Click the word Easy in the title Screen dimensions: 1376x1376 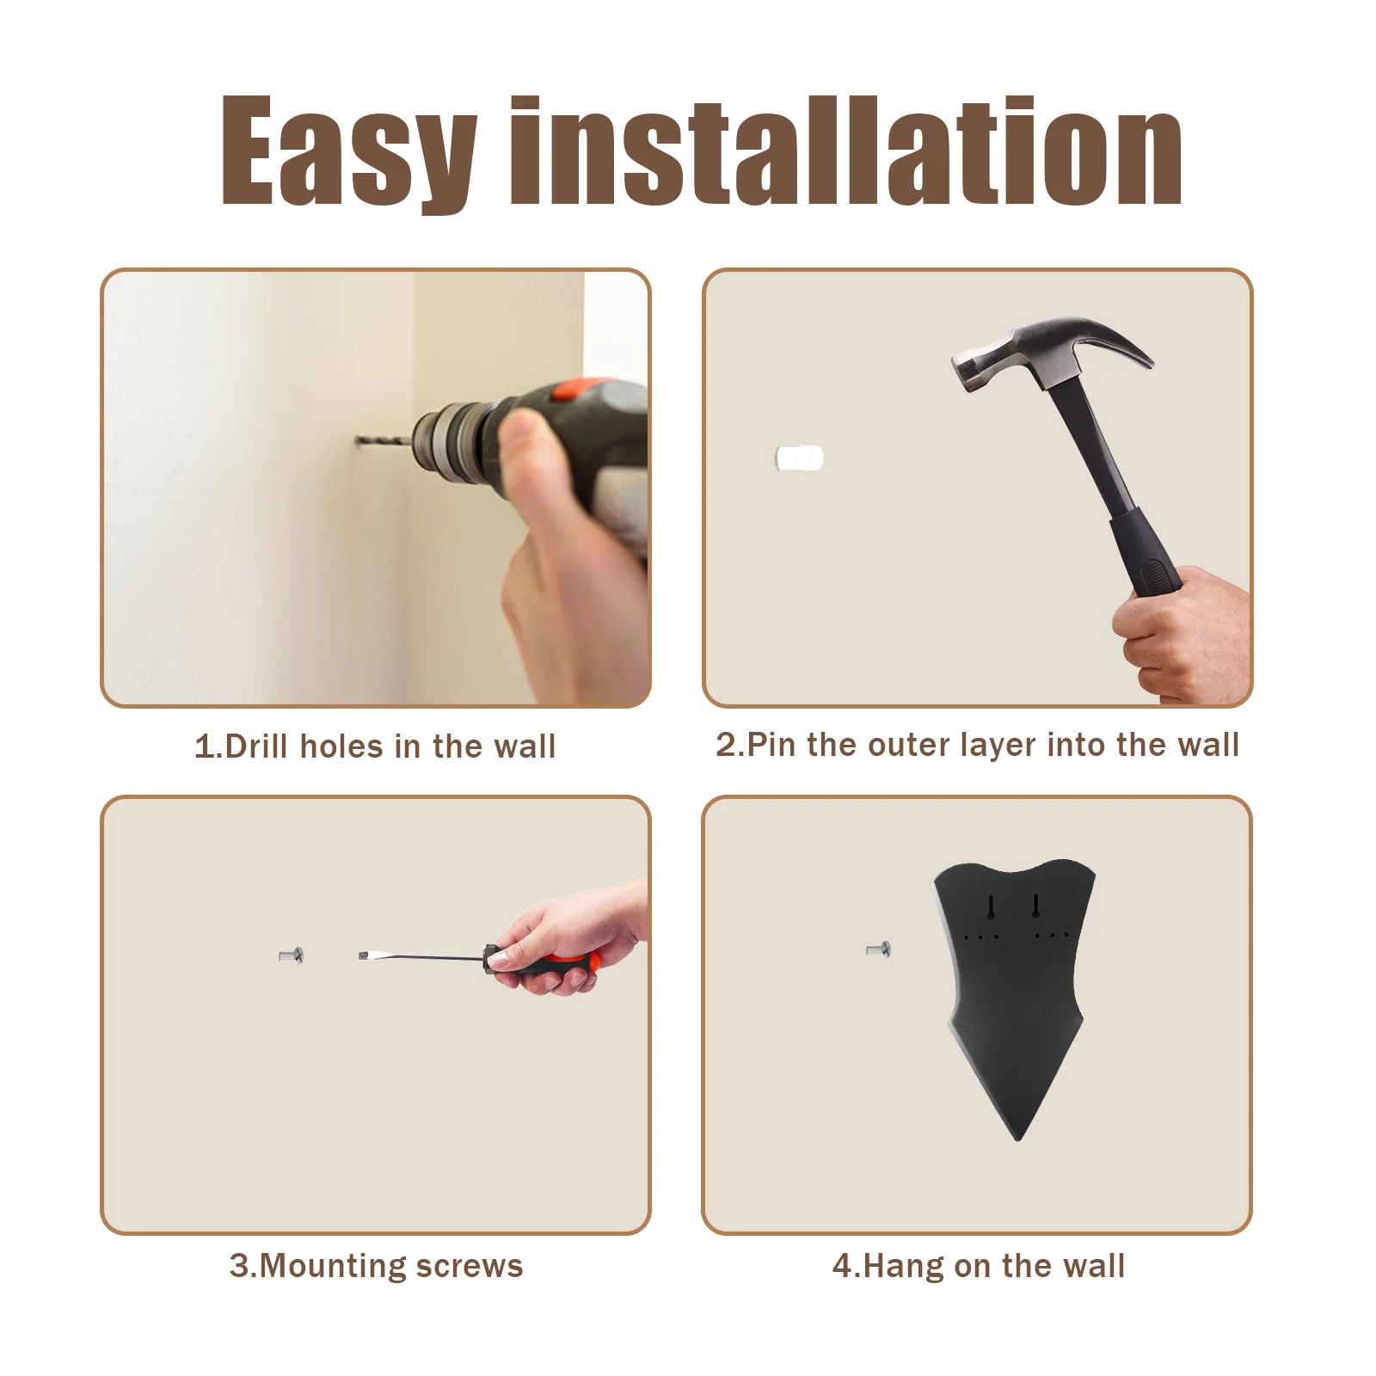(x=349, y=151)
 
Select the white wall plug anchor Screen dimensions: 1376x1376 (x=799, y=458)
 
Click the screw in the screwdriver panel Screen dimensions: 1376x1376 (x=292, y=955)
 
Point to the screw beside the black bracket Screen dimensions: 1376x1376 (x=878, y=949)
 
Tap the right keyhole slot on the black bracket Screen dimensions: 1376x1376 (x=1036, y=906)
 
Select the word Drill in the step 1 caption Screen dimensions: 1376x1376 (x=255, y=746)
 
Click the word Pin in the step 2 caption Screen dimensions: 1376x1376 (x=771, y=744)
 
